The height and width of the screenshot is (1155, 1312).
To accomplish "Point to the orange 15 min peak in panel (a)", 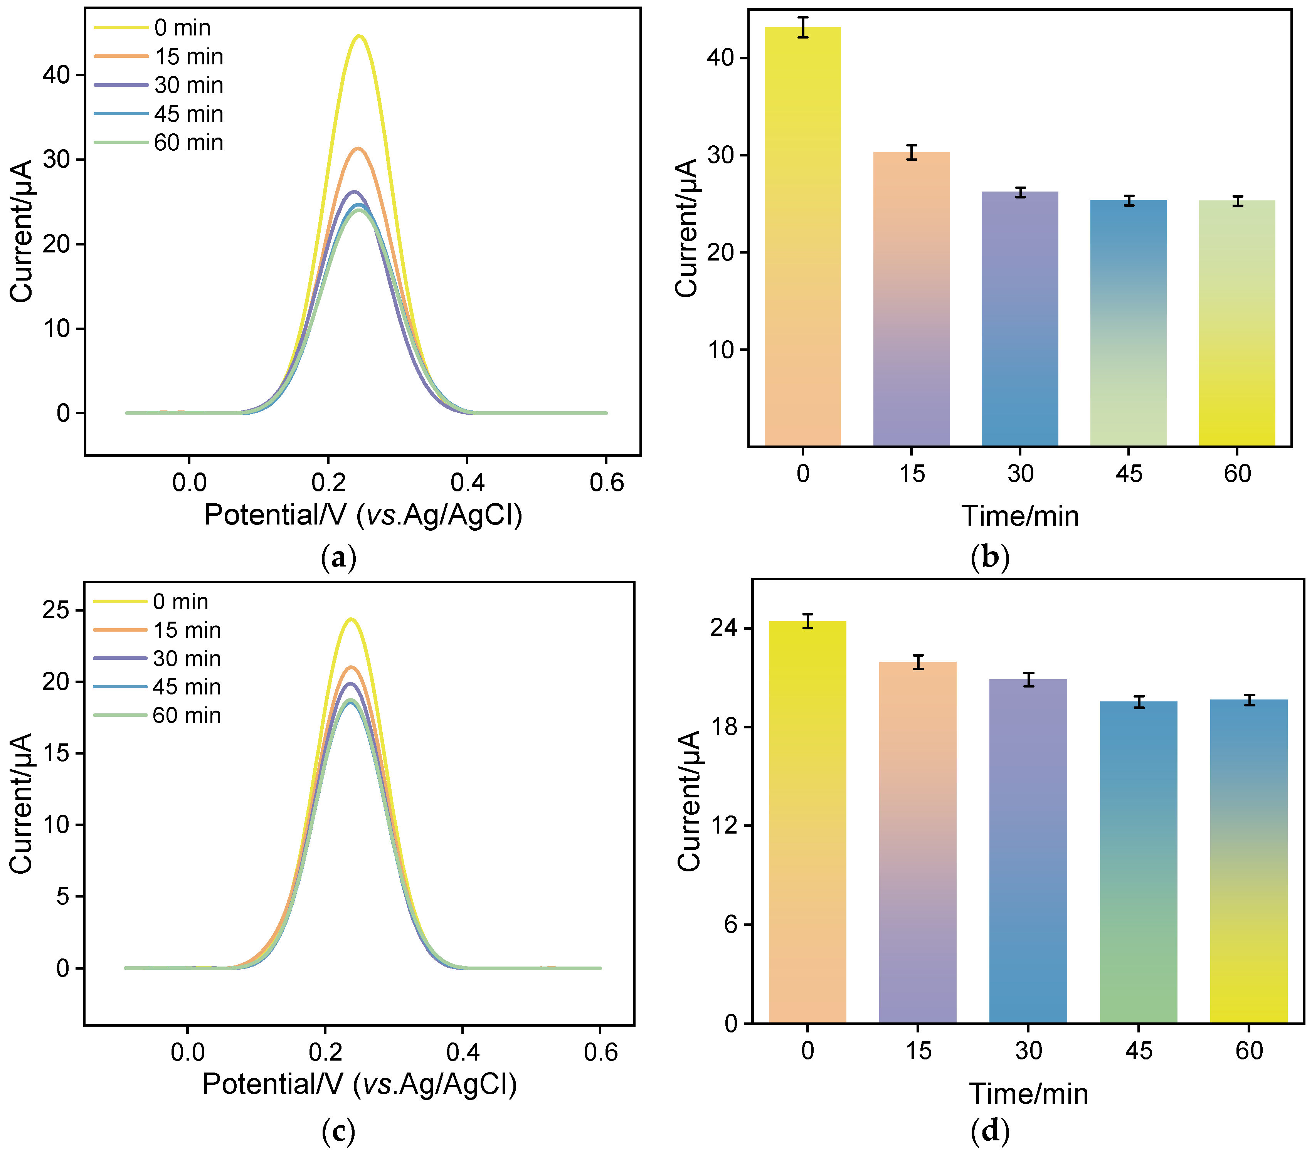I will pos(358,149).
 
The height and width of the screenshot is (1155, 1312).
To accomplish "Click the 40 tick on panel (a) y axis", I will pos(57,75).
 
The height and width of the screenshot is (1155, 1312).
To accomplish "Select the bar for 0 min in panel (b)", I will pos(802,237).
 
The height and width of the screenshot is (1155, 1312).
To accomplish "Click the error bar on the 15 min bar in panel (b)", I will pos(912,152).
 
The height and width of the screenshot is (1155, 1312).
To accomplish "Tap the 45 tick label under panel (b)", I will pos(1129,474).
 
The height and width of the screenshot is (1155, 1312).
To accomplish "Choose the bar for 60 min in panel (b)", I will pos(1237,324).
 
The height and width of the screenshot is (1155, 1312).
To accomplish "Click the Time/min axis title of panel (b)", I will pos(1020,516).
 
